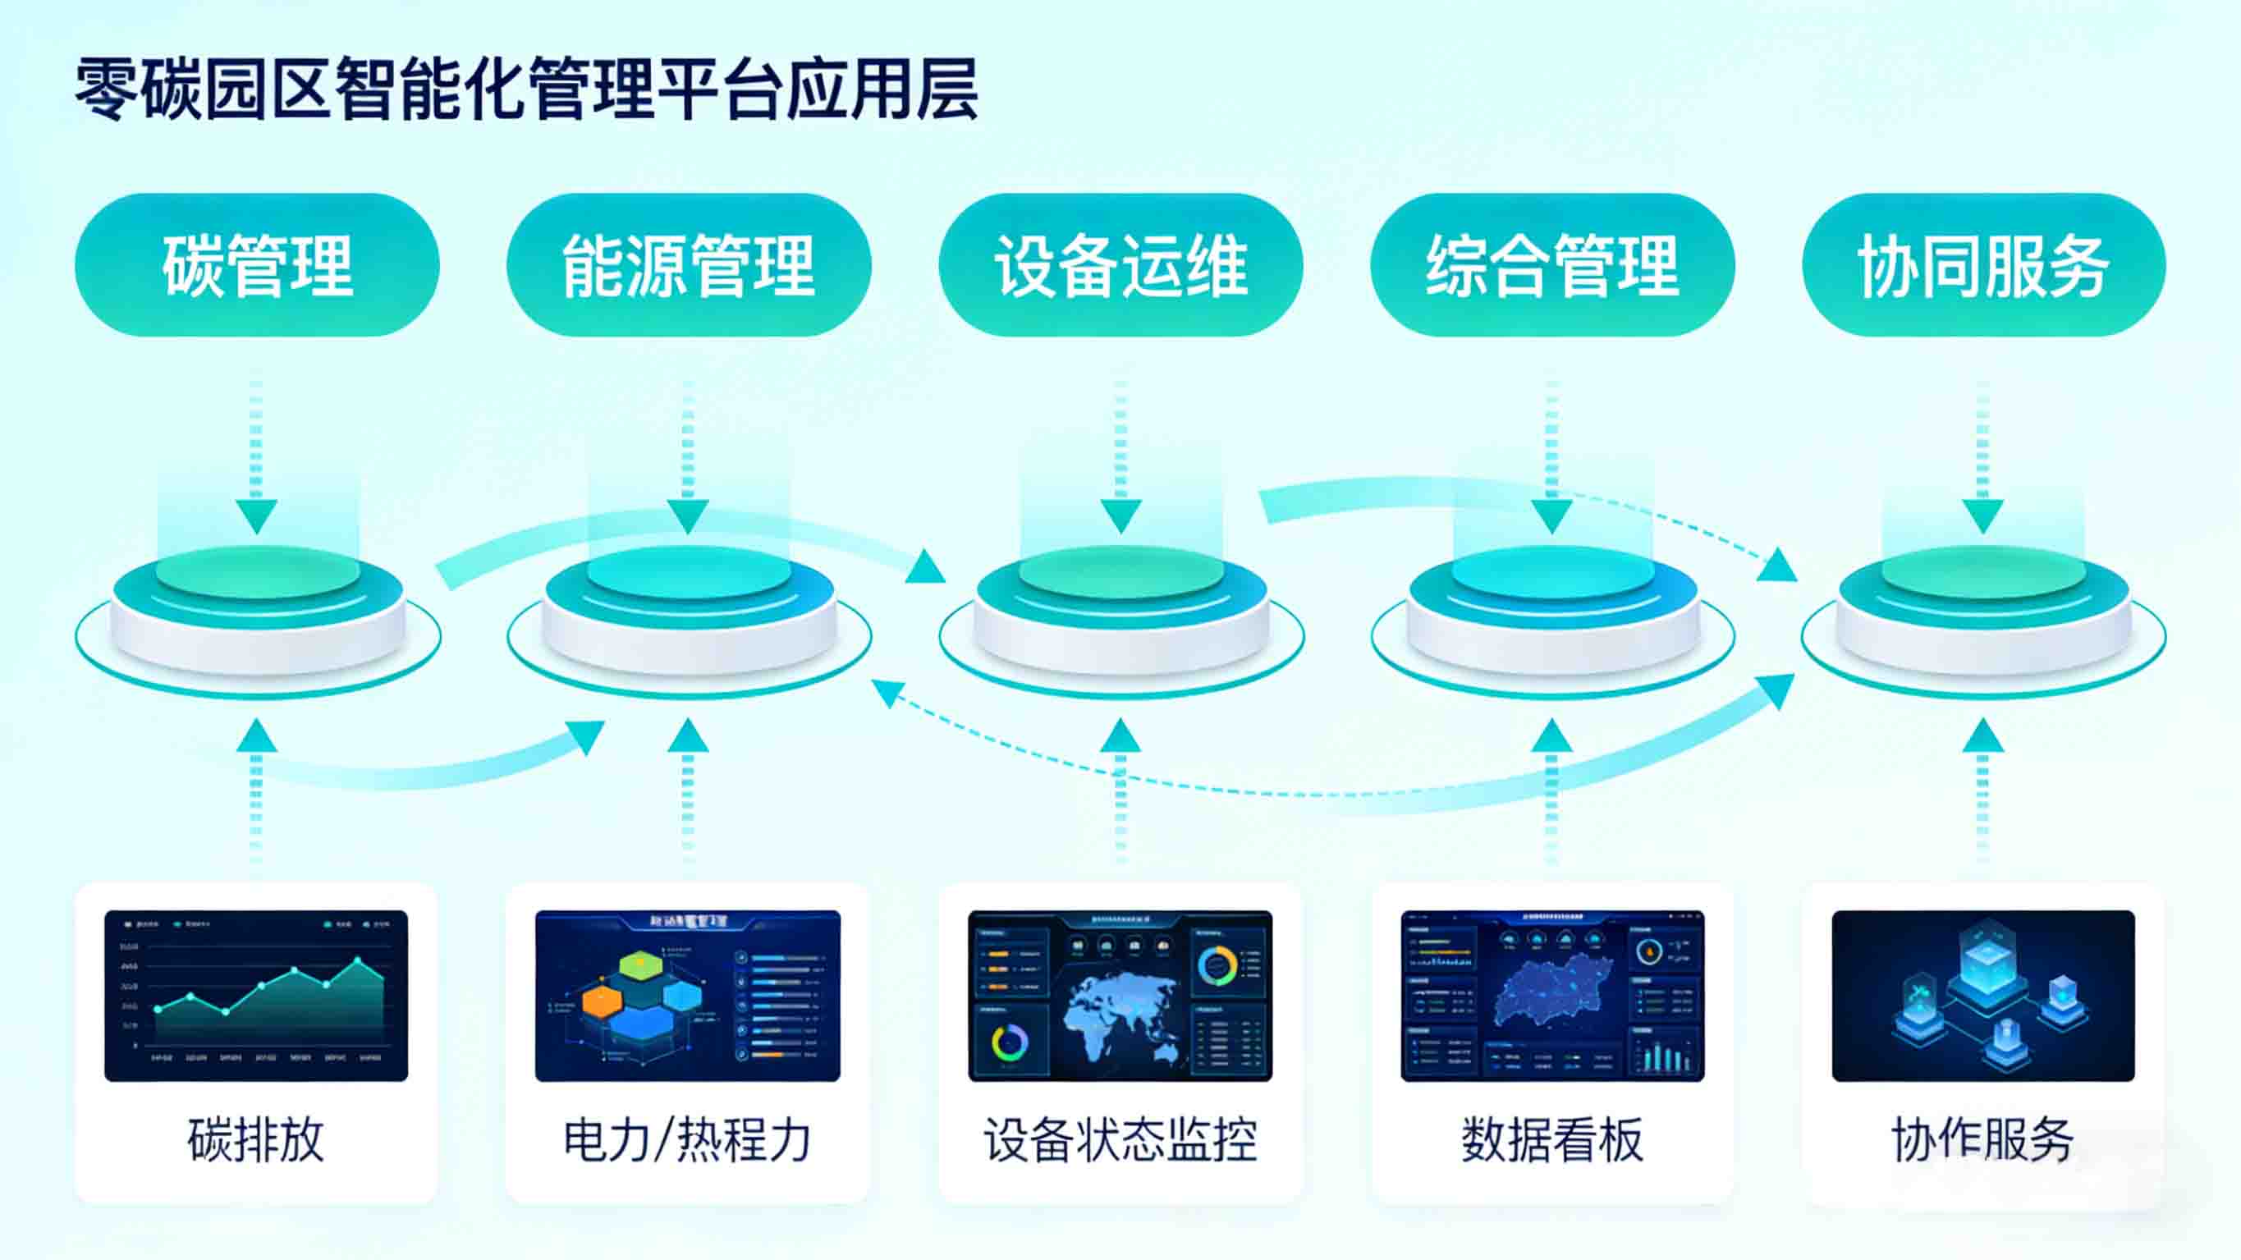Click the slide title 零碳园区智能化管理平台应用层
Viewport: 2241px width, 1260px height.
[526, 89]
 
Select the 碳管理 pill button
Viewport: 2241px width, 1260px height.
[258, 265]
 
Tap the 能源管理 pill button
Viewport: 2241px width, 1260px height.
[688, 265]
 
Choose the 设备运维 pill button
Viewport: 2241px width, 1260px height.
[1120, 265]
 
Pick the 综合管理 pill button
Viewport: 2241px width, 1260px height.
[1552, 265]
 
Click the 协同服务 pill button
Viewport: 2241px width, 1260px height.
[1983, 265]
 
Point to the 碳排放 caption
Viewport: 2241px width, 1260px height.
[256, 1139]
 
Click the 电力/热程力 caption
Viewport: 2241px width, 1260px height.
[687, 1139]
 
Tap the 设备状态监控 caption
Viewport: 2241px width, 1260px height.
[1120, 1139]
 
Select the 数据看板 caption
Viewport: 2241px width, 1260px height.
[1552, 1139]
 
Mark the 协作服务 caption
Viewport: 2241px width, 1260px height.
[1982, 1139]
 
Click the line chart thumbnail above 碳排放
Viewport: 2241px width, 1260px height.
[256, 996]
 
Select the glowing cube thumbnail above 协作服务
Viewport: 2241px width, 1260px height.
[1982, 996]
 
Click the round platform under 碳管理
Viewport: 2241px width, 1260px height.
[258, 609]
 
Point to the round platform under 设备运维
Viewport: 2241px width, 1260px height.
[1120, 609]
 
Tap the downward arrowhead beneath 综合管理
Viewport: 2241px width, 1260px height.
[1552, 516]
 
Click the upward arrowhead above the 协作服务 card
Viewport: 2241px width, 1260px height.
[1983, 736]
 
